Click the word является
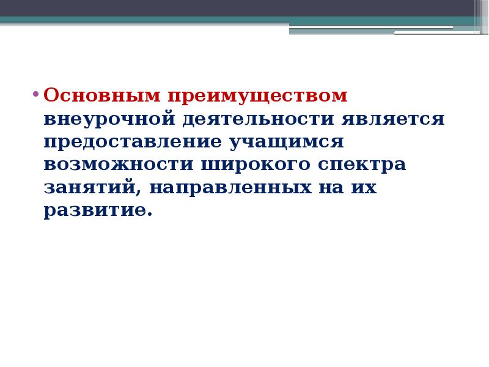point(393,119)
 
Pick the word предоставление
point(133,142)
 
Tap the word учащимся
point(287,142)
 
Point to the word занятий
point(92,188)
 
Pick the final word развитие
point(95,210)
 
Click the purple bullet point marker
point(35,95)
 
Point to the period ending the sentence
point(149,215)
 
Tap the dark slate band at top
point(232,8)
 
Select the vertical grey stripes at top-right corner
point(481,15)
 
